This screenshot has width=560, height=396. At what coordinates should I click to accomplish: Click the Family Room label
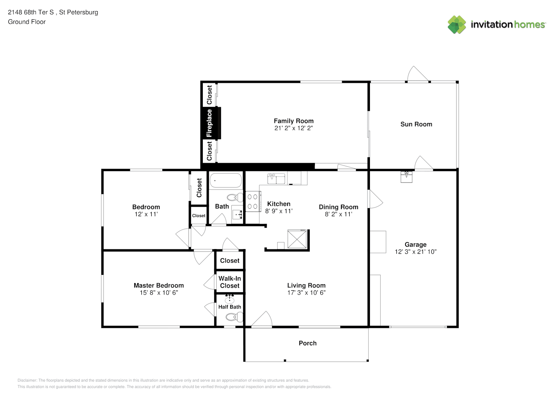pyautogui.click(x=293, y=121)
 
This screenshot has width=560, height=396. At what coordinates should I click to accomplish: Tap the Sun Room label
pyautogui.click(x=416, y=124)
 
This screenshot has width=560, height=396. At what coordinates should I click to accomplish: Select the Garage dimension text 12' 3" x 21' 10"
pyautogui.click(x=415, y=252)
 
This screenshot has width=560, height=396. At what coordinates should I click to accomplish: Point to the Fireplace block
pyautogui.click(x=211, y=123)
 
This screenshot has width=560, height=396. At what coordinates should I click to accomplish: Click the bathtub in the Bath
pyautogui.click(x=226, y=180)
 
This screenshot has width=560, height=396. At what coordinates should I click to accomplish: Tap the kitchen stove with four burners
pyautogui.click(x=253, y=202)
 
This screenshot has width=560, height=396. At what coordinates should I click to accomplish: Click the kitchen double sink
pyautogui.click(x=276, y=179)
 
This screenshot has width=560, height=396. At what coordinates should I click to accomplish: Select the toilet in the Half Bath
pyautogui.click(x=234, y=317)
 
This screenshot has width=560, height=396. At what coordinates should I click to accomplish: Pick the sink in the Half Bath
pyautogui.click(x=229, y=299)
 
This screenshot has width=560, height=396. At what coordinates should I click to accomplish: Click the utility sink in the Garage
pyautogui.click(x=406, y=177)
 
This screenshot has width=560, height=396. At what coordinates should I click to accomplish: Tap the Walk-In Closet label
pyautogui.click(x=230, y=282)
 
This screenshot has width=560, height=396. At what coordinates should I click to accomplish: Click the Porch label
pyautogui.click(x=308, y=343)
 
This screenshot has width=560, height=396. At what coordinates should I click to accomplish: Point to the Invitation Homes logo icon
pyautogui.click(x=457, y=25)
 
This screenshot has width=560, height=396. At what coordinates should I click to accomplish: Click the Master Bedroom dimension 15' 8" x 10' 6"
pyautogui.click(x=159, y=293)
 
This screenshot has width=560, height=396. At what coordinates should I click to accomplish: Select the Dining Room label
pyautogui.click(x=339, y=207)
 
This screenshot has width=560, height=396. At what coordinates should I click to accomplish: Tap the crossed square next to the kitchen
pyautogui.click(x=297, y=239)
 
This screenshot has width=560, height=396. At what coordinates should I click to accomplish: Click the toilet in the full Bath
pyautogui.click(x=235, y=198)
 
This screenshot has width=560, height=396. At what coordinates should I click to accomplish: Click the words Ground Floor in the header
pyautogui.click(x=27, y=22)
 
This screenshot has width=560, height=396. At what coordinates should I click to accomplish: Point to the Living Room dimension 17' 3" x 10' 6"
pyautogui.click(x=307, y=293)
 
